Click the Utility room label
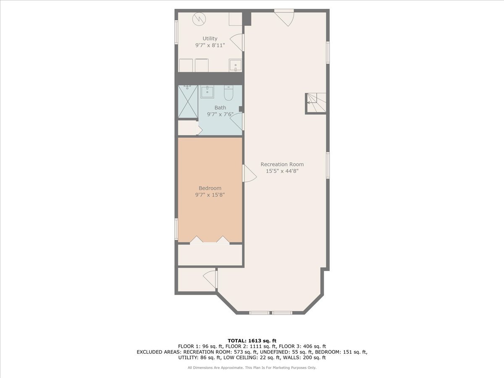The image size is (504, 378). (210, 39)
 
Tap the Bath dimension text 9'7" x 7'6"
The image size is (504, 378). (220, 114)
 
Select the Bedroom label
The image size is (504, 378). (210, 188)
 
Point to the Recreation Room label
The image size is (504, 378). (282, 164)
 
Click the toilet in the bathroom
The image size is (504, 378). (228, 93)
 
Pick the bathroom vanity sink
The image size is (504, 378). (207, 92)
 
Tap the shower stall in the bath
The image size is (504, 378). (188, 102)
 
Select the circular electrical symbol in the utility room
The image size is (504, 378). (199, 19)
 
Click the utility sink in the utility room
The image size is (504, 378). (235, 66)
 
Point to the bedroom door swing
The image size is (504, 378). (249, 173)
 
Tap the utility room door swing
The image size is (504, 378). (236, 43)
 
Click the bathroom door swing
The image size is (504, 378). (236, 121)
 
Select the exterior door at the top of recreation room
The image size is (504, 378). (284, 18)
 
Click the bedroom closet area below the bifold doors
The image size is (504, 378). (210, 255)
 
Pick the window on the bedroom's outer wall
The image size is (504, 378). (176, 229)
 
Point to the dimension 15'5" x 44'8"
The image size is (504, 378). (282, 171)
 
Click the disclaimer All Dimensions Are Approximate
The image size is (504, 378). (215, 367)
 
